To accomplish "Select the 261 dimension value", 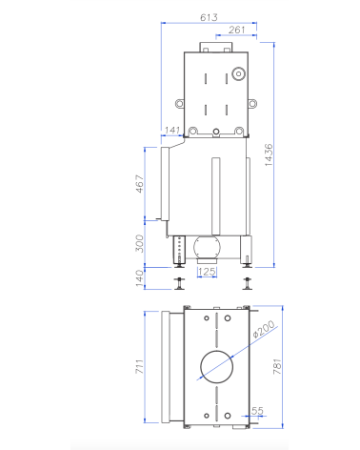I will pyautogui.click(x=237, y=30).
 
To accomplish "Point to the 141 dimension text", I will pyautogui.click(x=172, y=130).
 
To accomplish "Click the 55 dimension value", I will pyautogui.click(x=257, y=411).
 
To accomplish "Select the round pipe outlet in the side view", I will pyautogui.click(x=207, y=251).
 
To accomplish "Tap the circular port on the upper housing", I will pyautogui.click(x=238, y=72).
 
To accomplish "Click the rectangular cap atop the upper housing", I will pyautogui.click(x=210, y=45).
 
